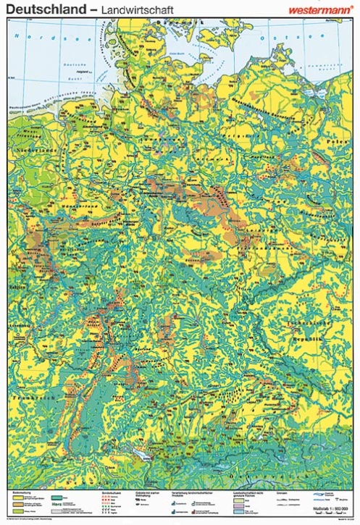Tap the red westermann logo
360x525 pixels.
tap(319, 9)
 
